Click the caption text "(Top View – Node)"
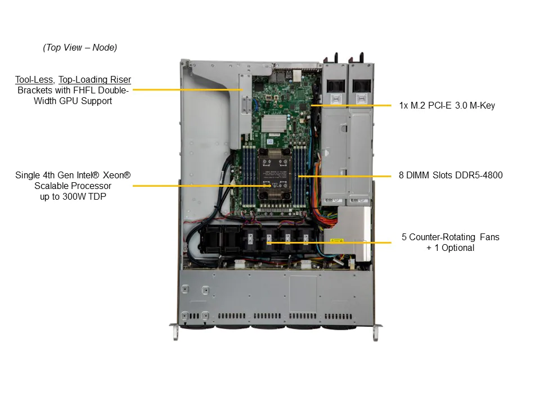coord(80,48)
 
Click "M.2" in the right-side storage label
coord(418,105)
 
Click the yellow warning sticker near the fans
coord(336,241)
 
